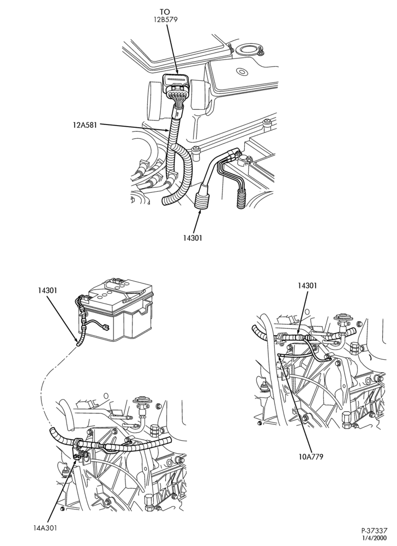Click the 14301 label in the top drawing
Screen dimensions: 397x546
tap(193, 238)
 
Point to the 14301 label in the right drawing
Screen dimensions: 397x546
tap(308, 286)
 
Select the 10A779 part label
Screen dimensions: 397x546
tap(311, 456)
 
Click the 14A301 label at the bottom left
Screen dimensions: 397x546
tap(44, 527)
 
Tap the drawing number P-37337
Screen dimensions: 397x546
tap(374, 531)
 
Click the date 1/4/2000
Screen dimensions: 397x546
tap(376, 538)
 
